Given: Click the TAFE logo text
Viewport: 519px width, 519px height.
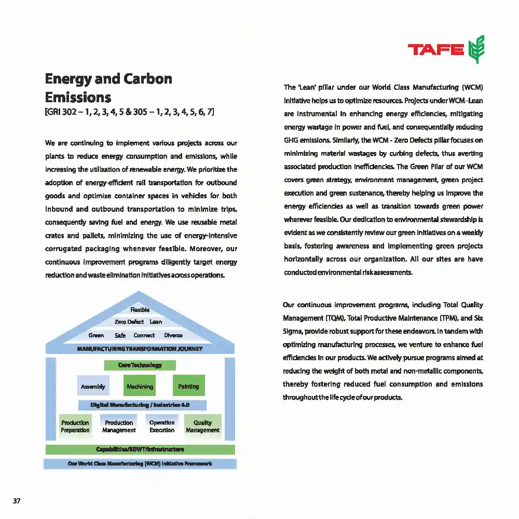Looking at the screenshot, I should click(435, 49).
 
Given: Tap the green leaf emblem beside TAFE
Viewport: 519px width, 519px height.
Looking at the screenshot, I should click(476, 49).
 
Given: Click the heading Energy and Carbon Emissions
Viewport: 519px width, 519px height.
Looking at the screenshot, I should click(108, 88).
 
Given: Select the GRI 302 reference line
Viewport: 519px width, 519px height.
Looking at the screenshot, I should click(130, 112).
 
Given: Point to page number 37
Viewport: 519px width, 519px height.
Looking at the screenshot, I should click(17, 501).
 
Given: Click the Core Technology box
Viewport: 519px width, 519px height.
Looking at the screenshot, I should click(140, 365).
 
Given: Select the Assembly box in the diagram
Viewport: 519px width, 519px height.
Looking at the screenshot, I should click(93, 386).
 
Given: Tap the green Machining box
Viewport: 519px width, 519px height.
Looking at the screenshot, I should click(140, 386).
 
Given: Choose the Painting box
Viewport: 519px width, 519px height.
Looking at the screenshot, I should click(188, 386).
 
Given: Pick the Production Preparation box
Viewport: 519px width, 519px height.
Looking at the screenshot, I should click(75, 426).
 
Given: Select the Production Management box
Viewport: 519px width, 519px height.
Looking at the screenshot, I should click(119, 426).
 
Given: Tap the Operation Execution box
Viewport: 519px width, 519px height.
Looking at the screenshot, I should click(162, 426).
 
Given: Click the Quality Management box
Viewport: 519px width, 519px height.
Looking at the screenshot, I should click(203, 426).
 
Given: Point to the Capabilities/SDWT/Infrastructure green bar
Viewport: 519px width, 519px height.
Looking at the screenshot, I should click(140, 449).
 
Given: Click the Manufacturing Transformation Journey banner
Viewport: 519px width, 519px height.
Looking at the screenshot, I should click(140, 349).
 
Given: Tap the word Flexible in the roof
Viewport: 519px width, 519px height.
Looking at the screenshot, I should click(140, 310).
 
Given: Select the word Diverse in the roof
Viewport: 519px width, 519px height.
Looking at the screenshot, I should click(173, 335).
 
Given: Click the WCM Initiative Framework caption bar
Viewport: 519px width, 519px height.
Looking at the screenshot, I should click(140, 463).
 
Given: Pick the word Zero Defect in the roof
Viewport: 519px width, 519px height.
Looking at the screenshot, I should click(129, 322).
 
